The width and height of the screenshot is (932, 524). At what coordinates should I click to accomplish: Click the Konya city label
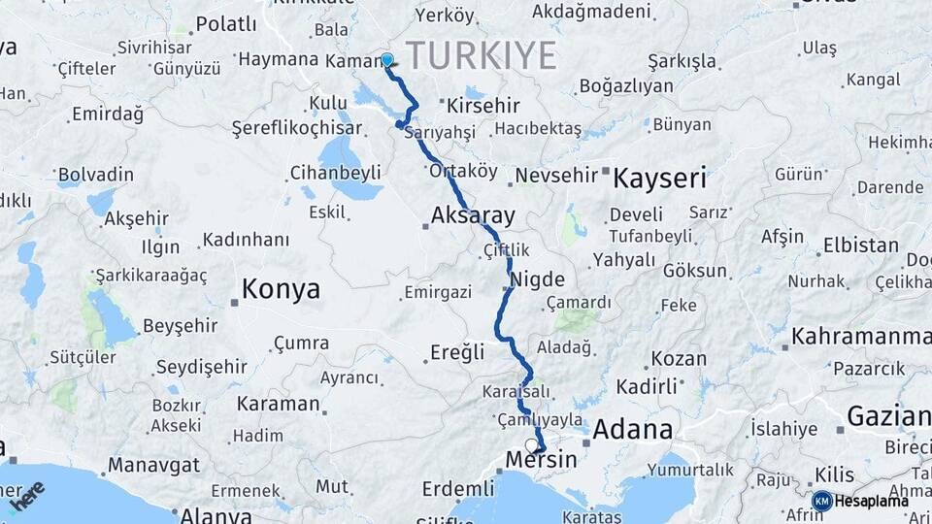(x=281, y=288)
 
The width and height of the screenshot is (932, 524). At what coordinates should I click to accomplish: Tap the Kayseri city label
(x=661, y=179)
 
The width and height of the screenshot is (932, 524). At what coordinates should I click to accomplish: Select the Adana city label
(x=633, y=428)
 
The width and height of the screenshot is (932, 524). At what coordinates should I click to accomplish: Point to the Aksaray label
(x=474, y=215)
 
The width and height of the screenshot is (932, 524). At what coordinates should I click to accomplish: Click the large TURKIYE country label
(x=481, y=54)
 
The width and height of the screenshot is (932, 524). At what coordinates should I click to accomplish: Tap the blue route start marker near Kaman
(x=387, y=60)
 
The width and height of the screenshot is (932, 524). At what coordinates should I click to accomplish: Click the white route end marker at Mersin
(x=531, y=445)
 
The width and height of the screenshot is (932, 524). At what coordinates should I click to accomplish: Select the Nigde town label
(x=538, y=279)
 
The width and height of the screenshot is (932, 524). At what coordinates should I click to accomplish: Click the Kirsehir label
(x=484, y=106)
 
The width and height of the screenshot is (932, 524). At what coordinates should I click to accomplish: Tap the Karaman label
(x=279, y=404)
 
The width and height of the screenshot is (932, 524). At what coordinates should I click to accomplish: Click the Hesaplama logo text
(x=872, y=501)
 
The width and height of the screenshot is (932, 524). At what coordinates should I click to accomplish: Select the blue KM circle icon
(x=821, y=501)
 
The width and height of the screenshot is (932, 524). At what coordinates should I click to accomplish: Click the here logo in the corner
(x=28, y=496)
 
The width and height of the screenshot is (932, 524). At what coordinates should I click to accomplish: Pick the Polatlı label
(x=226, y=24)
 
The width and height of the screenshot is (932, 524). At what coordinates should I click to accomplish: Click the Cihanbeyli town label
(x=335, y=174)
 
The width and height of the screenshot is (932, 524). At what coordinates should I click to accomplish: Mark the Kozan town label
(x=679, y=358)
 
